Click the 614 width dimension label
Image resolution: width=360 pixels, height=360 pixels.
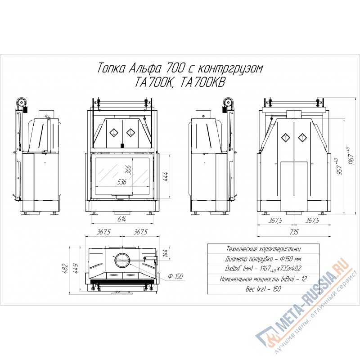(121, 219)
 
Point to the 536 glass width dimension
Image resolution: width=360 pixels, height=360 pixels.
(121, 182)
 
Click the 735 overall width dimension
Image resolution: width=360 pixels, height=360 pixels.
(294, 232)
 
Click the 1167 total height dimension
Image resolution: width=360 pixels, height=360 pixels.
(351, 156)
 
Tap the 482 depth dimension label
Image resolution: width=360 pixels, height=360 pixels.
(65, 268)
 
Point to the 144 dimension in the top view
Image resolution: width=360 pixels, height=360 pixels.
(166, 253)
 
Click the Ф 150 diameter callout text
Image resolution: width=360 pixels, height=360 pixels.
(175, 276)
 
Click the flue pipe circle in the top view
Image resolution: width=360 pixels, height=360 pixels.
(122, 261)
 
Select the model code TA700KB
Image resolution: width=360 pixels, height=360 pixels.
(202, 82)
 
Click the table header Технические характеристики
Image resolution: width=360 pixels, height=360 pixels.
(263, 249)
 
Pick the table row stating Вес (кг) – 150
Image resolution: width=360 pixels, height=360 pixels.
(263, 288)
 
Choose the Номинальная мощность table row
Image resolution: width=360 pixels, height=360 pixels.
(263, 279)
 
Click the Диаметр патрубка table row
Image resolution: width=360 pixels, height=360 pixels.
(263, 259)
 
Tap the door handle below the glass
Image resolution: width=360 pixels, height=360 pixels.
(122, 196)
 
